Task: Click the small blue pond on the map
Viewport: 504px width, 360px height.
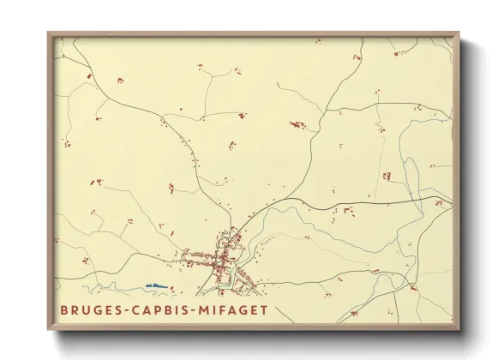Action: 154,285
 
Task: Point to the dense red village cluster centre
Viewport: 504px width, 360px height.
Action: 225,255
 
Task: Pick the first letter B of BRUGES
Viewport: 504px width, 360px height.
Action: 63,310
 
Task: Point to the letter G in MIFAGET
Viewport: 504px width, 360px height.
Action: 241,310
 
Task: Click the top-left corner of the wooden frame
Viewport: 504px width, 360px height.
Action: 48,33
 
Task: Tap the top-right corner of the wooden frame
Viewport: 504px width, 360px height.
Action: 459,33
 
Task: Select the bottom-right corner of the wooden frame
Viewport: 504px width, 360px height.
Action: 459,330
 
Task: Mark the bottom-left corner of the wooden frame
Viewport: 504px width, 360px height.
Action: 48,330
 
